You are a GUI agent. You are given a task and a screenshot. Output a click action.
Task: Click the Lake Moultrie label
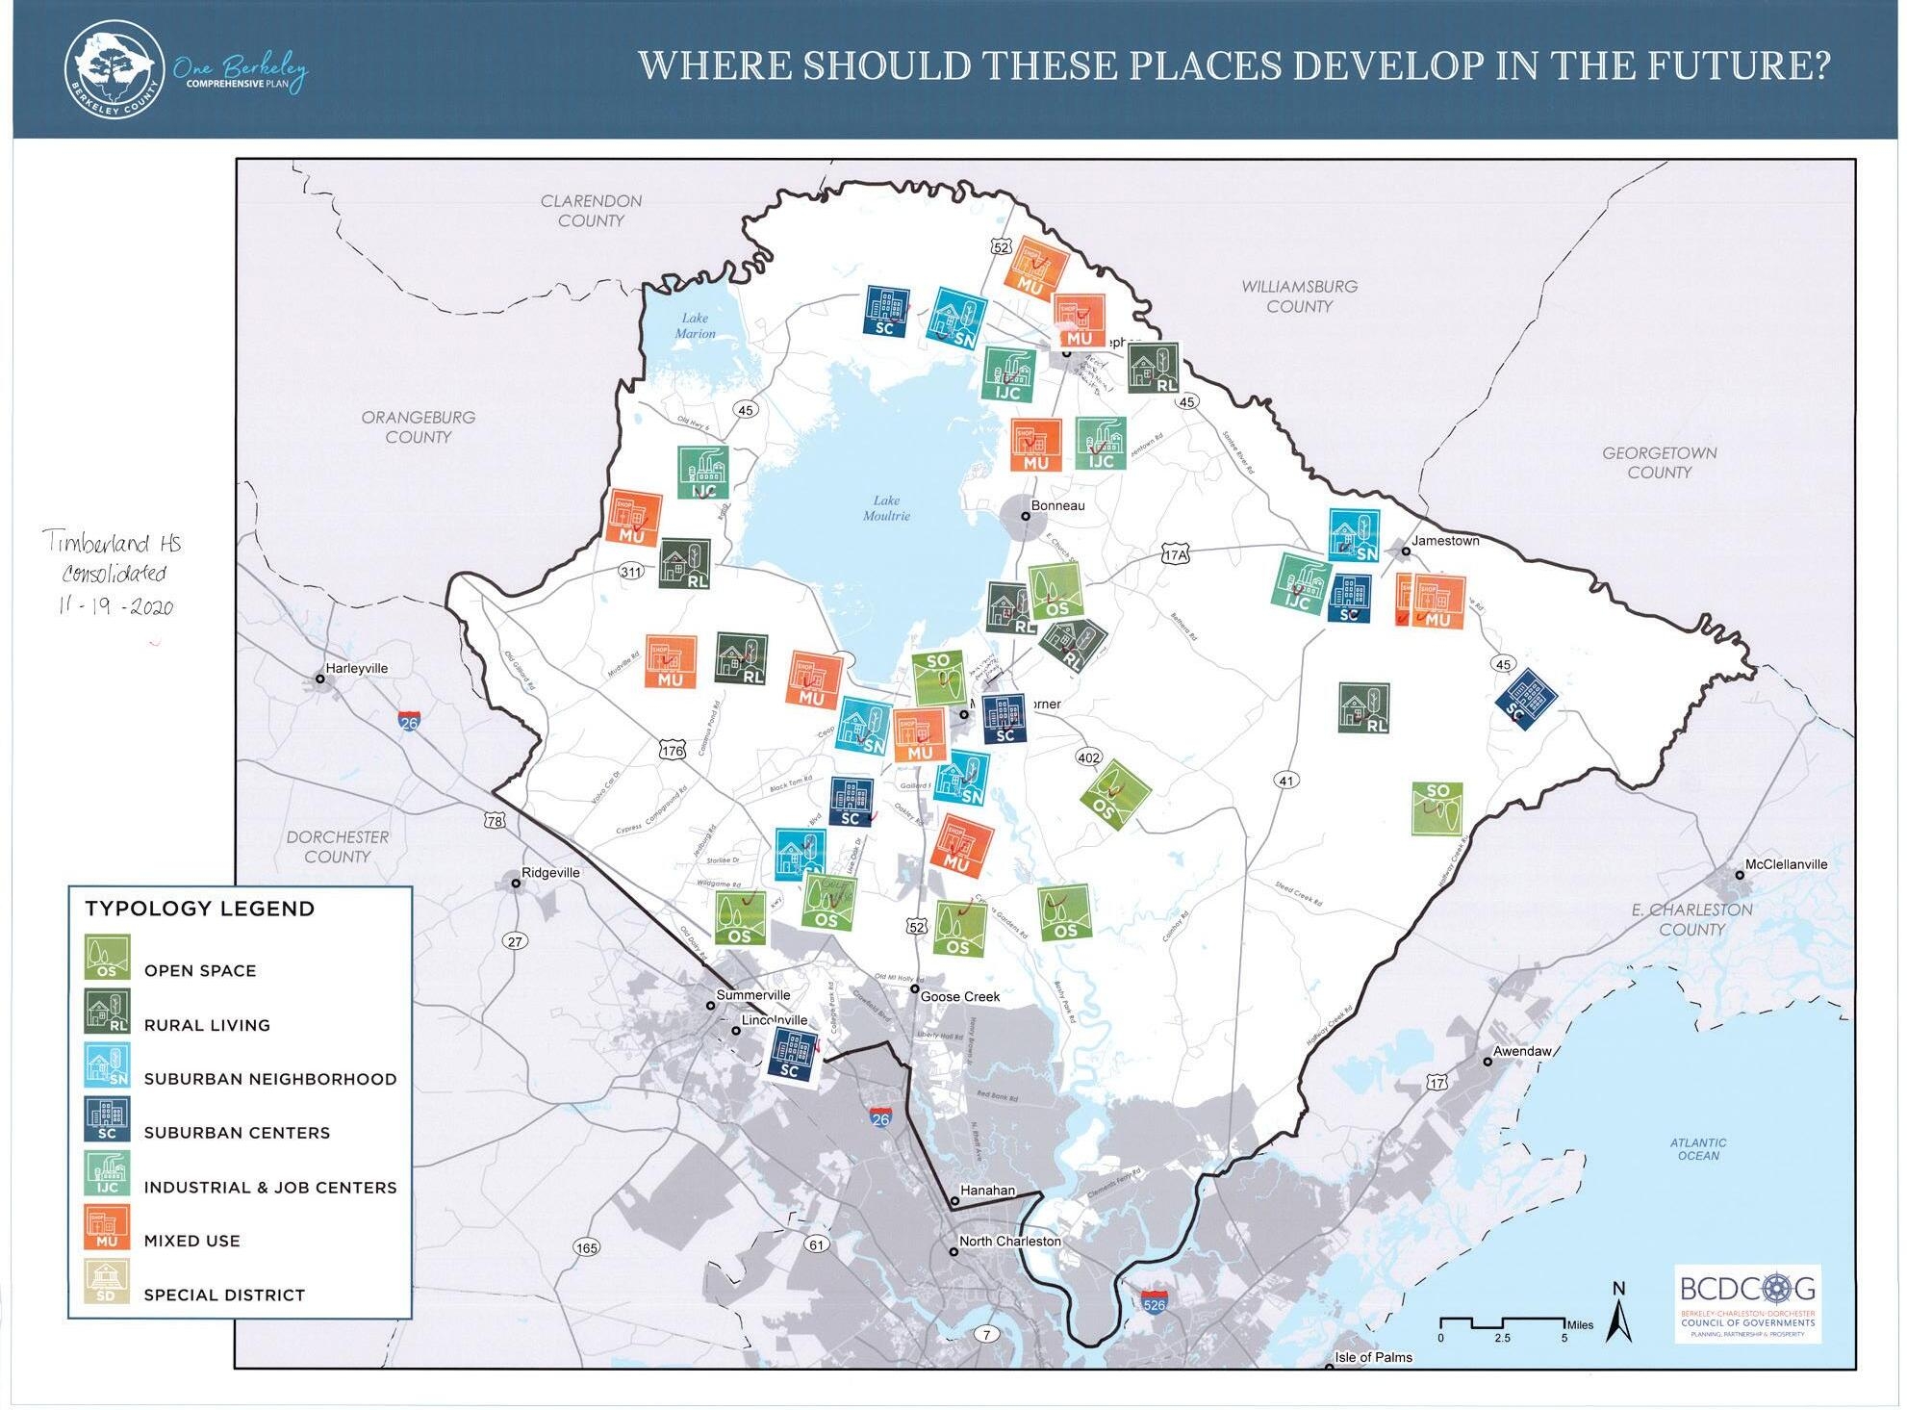coord(885,508)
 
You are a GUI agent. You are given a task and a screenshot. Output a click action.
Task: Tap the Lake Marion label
coord(695,325)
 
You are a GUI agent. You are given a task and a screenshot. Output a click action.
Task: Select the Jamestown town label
coord(1444,541)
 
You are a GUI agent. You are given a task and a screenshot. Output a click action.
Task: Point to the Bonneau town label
coord(1056,505)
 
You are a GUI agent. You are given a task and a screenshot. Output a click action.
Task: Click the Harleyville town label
coord(356,668)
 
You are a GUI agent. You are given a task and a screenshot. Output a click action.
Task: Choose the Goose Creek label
coord(959,996)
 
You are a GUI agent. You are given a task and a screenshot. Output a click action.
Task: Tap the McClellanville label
coord(1785,864)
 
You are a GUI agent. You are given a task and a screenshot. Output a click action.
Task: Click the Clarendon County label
coord(591,211)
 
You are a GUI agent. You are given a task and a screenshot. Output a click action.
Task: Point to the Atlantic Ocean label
coord(1697,1149)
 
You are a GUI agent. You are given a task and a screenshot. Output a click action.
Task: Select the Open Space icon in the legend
coord(107,958)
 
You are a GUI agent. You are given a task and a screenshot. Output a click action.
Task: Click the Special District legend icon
coord(107,1282)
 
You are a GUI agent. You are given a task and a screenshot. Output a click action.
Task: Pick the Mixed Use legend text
coord(191,1241)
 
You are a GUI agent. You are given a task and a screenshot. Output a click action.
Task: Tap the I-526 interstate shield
coord(1154,1303)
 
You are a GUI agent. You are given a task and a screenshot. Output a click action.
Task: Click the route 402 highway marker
coord(1088,757)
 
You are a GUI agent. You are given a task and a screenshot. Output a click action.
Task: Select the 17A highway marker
coord(1175,555)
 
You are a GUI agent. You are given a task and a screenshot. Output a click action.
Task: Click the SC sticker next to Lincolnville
coord(792,1055)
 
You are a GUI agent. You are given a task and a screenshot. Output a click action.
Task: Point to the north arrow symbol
coord(1620,1315)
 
